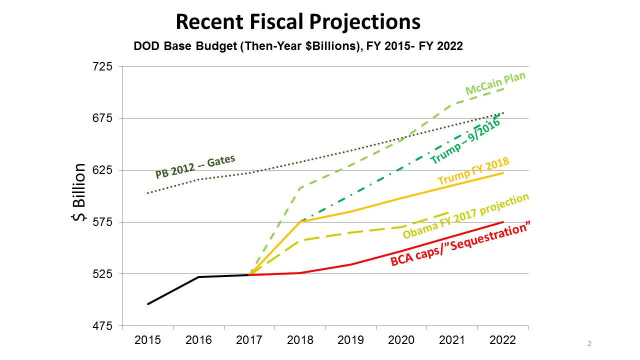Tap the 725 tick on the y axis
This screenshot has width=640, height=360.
pyautogui.click(x=102, y=66)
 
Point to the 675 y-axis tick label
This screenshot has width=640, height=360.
pyautogui.click(x=102, y=118)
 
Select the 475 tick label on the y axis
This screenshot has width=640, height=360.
pyautogui.click(x=102, y=326)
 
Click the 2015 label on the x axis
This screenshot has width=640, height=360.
pyautogui.click(x=147, y=340)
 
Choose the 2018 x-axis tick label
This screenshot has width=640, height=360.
pyautogui.click(x=300, y=340)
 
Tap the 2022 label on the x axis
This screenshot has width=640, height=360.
pyautogui.click(x=503, y=340)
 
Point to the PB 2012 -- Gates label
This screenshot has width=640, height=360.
pyautogui.click(x=195, y=167)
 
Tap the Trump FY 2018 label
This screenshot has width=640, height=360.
pyautogui.click(x=473, y=171)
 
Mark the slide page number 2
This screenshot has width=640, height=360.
pyautogui.click(x=589, y=344)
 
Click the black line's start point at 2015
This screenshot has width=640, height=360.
pyautogui.click(x=148, y=304)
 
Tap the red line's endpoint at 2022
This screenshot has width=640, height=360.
pyautogui.click(x=503, y=222)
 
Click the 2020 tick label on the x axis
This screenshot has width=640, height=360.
pyautogui.click(x=401, y=340)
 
